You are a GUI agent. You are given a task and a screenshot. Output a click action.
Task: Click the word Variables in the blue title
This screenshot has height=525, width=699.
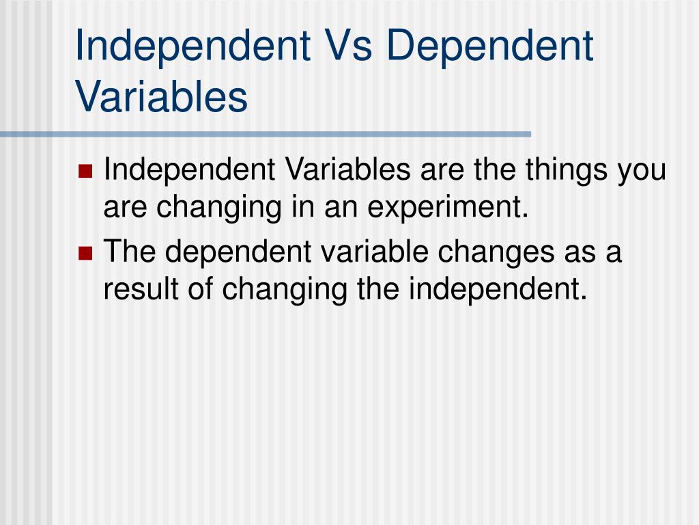click(161, 96)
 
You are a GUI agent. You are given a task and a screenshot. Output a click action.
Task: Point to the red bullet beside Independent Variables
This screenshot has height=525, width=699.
click(85, 171)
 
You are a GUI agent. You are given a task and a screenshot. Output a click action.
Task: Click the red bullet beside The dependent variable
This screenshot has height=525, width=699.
click(85, 253)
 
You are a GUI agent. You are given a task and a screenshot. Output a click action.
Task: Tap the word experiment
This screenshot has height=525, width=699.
click(448, 208)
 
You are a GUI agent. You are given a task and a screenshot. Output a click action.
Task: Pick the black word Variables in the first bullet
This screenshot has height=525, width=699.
click(347, 170)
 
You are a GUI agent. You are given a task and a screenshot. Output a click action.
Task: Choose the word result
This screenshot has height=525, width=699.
click(141, 289)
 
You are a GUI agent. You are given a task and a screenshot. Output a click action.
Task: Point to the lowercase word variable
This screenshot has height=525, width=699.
click(375, 252)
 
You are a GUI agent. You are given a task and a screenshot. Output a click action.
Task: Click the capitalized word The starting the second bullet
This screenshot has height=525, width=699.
click(130, 252)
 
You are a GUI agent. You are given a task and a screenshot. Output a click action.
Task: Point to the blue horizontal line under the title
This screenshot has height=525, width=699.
click(266, 134)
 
